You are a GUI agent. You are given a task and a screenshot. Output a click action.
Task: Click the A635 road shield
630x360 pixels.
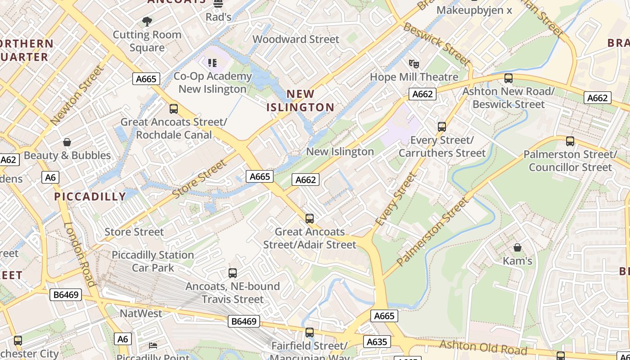[377, 342]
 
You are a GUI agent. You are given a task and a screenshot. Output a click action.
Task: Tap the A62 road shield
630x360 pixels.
[9, 160]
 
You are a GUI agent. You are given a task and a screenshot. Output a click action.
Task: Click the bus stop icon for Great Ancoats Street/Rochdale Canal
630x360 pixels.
[173, 109]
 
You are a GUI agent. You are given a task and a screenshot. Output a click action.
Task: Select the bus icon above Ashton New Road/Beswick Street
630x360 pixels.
[508, 78]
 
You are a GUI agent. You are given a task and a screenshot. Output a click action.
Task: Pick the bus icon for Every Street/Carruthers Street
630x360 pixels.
[442, 127]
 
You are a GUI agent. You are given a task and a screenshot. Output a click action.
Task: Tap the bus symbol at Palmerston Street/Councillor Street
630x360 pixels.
[570, 141]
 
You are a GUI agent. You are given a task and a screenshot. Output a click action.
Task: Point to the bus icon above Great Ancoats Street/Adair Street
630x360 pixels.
[310, 219]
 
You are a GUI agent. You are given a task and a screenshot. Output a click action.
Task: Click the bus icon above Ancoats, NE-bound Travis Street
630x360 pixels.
[233, 273]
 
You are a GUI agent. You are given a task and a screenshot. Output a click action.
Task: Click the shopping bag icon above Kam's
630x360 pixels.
[517, 247]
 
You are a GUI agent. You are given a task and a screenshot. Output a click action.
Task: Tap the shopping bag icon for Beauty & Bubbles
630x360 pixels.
[67, 143]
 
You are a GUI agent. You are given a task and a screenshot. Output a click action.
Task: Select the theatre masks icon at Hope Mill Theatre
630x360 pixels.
[414, 64]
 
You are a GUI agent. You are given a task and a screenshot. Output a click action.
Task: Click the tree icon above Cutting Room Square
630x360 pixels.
[147, 21]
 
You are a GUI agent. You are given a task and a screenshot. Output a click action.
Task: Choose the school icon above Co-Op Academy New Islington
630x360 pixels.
[212, 63]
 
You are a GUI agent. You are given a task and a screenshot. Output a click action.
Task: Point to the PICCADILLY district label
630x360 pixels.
[90, 197]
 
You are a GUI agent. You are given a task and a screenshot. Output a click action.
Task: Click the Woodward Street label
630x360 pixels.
[296, 39]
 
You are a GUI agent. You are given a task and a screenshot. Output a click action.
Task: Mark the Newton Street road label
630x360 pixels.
[77, 95]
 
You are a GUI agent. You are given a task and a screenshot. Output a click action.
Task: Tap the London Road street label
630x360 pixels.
[79, 255]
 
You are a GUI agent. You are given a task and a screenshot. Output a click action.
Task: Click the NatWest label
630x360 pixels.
[141, 314]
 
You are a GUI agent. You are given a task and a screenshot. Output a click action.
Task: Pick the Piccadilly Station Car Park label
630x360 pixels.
[153, 261]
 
